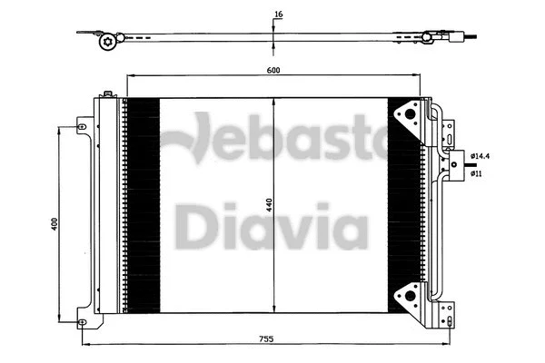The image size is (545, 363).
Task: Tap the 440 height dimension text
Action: (x=269, y=206)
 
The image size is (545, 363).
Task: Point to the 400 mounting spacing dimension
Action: (x=54, y=224)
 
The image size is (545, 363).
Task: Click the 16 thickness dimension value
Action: (x=277, y=14)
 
